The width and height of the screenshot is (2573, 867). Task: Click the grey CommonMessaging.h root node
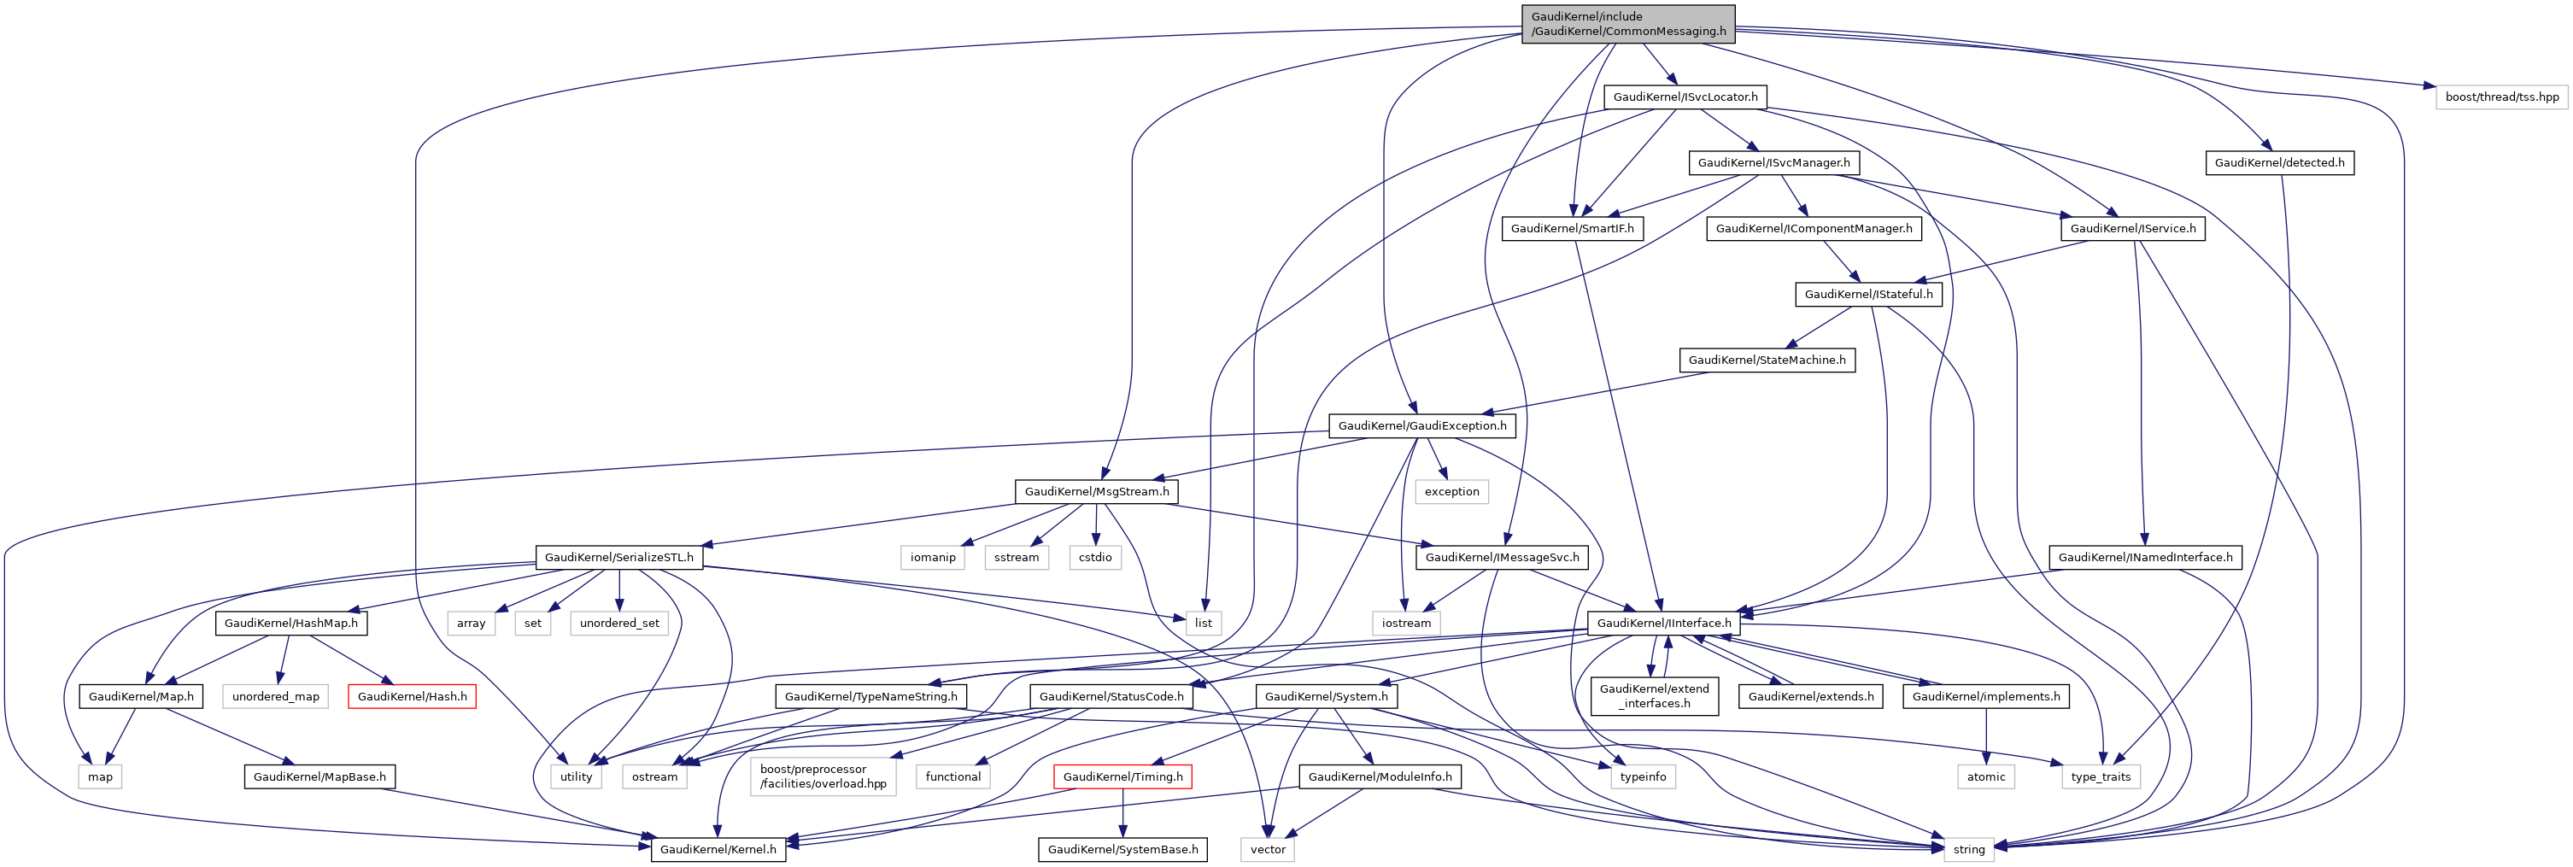point(1627,24)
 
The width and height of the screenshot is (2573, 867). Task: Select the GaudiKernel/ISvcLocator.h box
point(1685,97)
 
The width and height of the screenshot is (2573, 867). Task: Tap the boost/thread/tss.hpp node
point(2501,97)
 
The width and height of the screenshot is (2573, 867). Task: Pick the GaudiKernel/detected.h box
point(2279,163)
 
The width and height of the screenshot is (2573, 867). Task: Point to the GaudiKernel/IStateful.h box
point(1868,295)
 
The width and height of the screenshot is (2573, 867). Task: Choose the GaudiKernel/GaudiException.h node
point(1421,425)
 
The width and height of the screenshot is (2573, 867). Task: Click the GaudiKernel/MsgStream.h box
point(1096,491)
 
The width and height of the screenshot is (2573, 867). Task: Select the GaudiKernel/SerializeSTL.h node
point(618,557)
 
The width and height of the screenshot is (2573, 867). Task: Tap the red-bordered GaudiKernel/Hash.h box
point(412,696)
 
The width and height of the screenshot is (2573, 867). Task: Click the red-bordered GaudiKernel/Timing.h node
point(1122,776)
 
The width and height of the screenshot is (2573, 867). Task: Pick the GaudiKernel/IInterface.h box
point(1663,624)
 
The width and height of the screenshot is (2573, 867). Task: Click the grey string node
point(1969,849)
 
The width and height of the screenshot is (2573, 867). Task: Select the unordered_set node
point(619,624)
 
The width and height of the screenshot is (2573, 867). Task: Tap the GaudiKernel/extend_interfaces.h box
point(1654,696)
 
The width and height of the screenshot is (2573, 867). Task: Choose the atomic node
point(1985,776)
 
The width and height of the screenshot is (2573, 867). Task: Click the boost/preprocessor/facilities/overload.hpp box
point(823,776)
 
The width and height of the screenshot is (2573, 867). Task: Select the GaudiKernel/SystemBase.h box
point(1122,849)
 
